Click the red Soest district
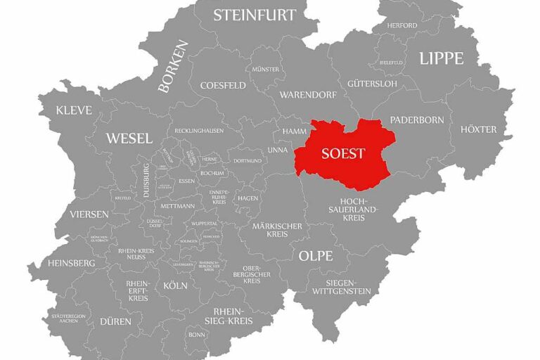pos(342,154)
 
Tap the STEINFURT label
pos(255,15)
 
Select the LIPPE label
pos(441,58)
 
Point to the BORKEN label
pos(173,67)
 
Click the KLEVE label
pos(75,110)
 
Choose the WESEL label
pos(129,139)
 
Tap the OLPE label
pos(315,256)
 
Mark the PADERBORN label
pos(417,120)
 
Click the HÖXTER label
pos(478,129)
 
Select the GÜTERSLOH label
pos(372,84)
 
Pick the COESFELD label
pos(223,85)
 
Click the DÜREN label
pos(115,321)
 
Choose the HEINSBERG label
pos(72,263)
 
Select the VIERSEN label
pos(89,214)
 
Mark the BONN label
pos(196,335)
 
